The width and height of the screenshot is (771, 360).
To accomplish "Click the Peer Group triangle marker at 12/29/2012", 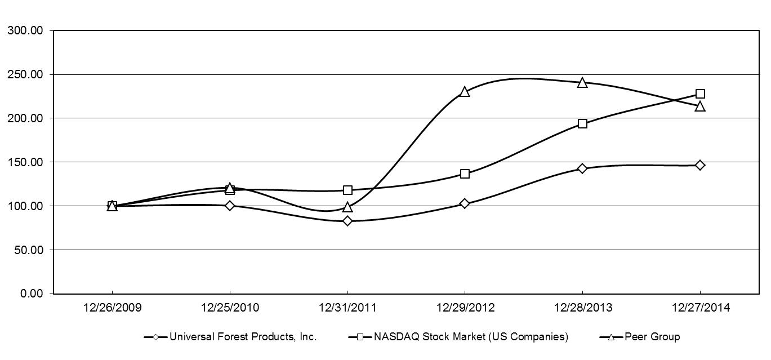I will [x=465, y=92].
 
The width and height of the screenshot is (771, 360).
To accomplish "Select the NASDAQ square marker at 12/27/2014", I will [x=700, y=94].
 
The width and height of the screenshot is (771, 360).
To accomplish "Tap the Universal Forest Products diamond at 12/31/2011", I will [x=347, y=221].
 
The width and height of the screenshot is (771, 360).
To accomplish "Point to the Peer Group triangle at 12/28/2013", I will [x=582, y=83].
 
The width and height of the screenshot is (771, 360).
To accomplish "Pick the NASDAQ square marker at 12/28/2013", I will [x=582, y=123].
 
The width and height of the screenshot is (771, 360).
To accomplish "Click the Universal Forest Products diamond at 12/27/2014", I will [x=700, y=165].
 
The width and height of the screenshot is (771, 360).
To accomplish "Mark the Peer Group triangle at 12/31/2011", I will [x=347, y=207].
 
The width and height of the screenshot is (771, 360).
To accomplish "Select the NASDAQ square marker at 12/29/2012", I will [x=465, y=174].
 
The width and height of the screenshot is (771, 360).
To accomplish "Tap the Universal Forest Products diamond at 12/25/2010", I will [x=230, y=206].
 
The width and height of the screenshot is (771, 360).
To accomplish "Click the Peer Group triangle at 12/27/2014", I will [x=700, y=106].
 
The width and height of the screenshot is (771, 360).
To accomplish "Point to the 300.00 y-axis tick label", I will [x=25, y=30].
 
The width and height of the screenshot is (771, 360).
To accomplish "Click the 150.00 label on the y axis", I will [x=25, y=162].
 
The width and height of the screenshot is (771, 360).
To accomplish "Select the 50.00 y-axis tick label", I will [x=28, y=250].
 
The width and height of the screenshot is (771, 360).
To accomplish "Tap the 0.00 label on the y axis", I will [x=31, y=294].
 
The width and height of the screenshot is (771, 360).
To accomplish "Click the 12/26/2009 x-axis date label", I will [x=112, y=308].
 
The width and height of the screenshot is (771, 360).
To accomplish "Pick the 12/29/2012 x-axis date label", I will [x=465, y=308].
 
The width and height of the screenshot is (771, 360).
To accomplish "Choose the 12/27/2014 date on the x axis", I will [x=700, y=308].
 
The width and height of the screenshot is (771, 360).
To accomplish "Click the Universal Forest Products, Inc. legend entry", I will [x=243, y=337].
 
